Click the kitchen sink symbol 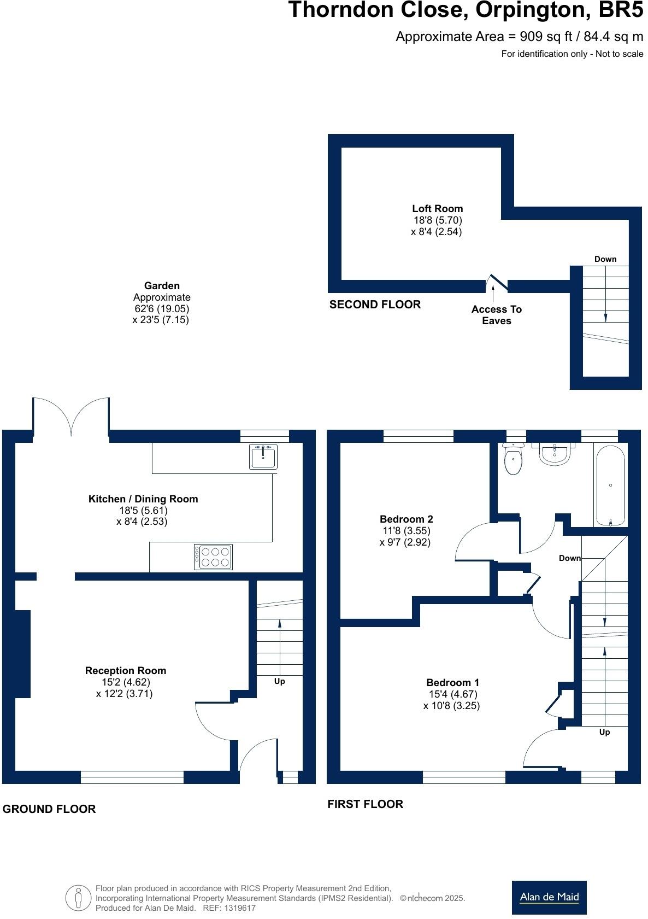tap(264, 456)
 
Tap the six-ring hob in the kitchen tap(214, 557)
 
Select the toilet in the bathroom tap(513, 459)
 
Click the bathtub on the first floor tap(610, 485)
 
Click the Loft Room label tap(437, 208)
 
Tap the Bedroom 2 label tap(407, 519)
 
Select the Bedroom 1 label tap(452, 682)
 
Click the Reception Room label tap(125, 670)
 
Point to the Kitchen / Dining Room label tap(143, 499)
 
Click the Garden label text tap(162, 285)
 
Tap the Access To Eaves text tap(496, 315)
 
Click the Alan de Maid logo tap(549, 897)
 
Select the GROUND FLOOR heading tap(49, 809)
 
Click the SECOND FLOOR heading tap(375, 305)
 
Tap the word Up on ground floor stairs tap(279, 681)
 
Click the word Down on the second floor tap(605, 259)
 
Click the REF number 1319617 tap(237, 908)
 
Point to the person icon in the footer tap(78, 898)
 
